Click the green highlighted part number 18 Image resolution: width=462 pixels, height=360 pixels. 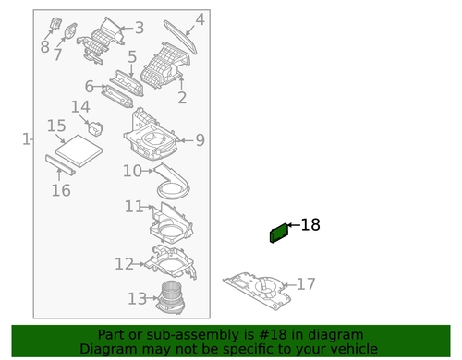[279, 233]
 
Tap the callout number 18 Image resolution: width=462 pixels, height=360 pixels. [310, 225]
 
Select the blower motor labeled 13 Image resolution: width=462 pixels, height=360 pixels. [171, 297]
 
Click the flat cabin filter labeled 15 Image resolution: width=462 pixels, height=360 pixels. [79, 150]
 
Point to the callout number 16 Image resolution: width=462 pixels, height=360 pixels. [61, 190]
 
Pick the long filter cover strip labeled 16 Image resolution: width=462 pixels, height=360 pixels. [60, 165]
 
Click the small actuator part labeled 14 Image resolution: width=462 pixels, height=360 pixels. [96, 128]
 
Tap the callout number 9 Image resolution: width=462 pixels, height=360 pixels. [201, 140]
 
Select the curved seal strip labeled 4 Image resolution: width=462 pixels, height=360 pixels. [180, 37]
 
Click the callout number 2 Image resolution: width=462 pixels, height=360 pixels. [182, 98]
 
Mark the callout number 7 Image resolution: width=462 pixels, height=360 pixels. [57, 55]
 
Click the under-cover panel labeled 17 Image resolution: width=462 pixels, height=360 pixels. [257, 291]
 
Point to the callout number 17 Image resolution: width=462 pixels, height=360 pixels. [306, 284]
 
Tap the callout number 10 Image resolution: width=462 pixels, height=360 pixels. [132, 171]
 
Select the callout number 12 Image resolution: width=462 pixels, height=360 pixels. [124, 264]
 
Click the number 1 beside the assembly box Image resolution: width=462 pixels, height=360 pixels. [27, 139]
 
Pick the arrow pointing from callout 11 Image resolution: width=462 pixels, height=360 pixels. [149, 207]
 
